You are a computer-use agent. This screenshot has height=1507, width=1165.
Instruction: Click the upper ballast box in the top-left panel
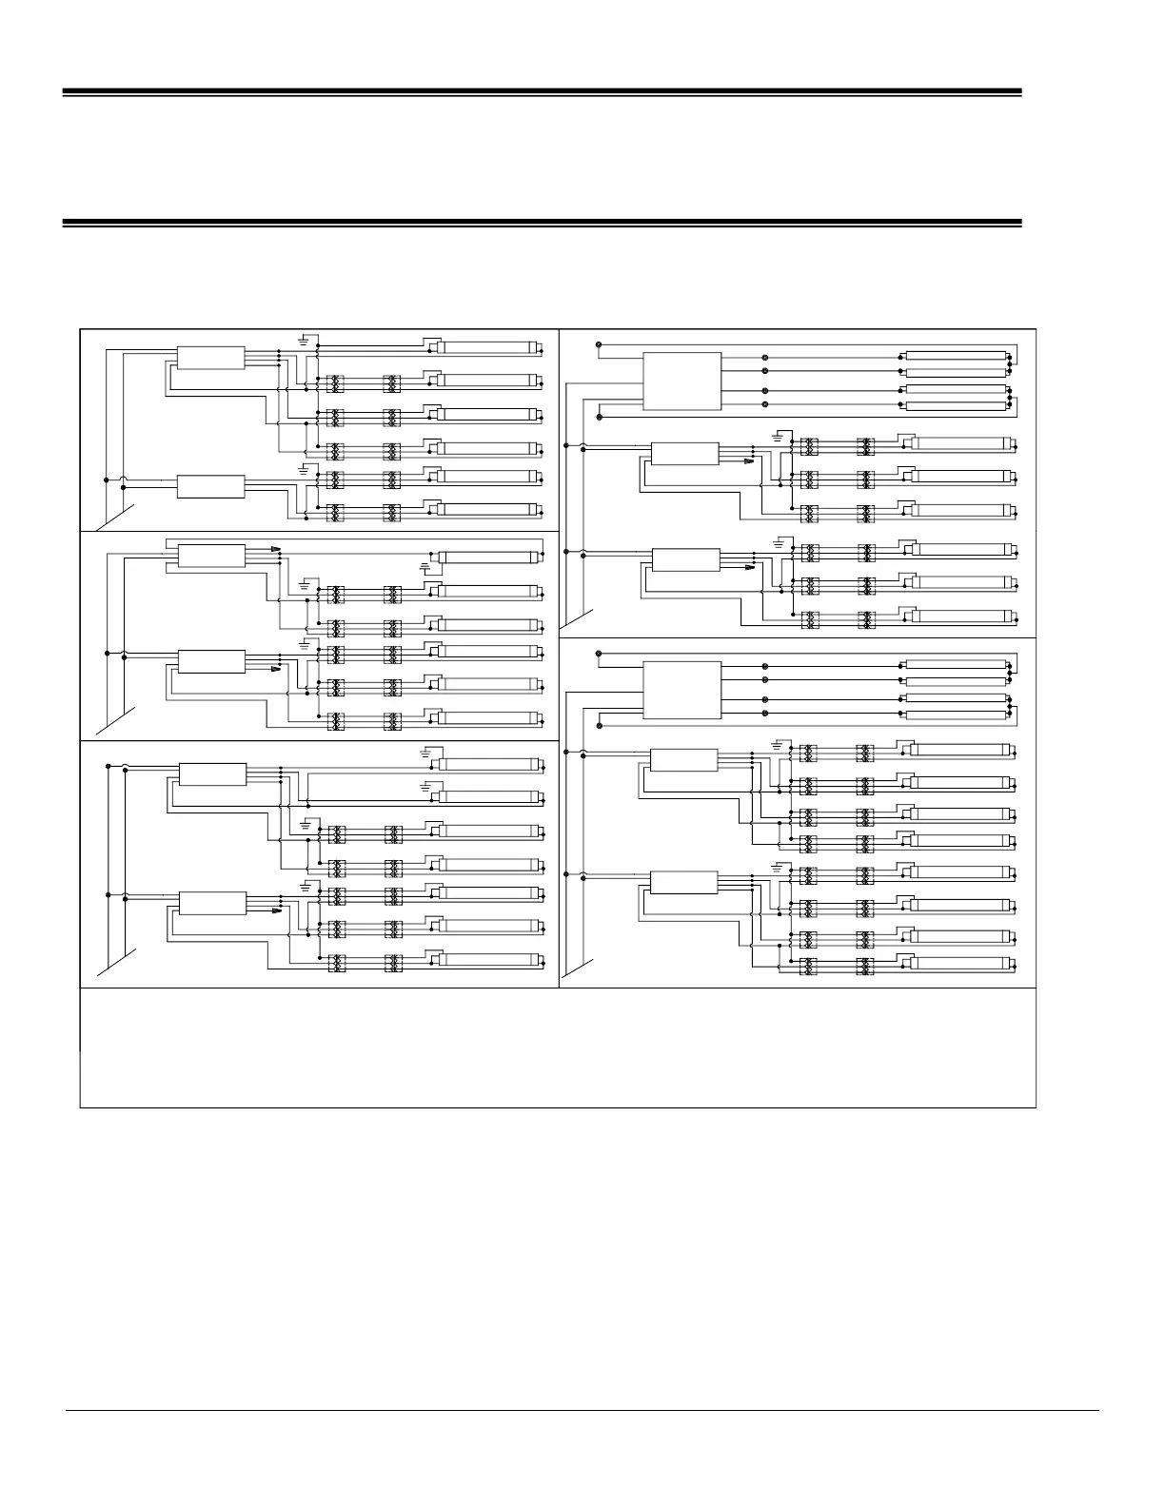click(x=210, y=359)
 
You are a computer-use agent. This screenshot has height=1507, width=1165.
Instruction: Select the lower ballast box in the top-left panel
click(x=210, y=486)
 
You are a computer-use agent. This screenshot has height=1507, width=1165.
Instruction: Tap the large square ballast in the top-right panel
click(x=681, y=381)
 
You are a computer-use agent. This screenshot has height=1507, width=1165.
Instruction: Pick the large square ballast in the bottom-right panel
click(x=681, y=690)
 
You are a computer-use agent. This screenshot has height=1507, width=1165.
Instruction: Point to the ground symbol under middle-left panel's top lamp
click(x=425, y=568)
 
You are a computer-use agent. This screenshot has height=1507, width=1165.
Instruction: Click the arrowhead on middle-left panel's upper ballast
click(x=276, y=550)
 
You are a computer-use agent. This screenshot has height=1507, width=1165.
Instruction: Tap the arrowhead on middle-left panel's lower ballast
click(x=276, y=668)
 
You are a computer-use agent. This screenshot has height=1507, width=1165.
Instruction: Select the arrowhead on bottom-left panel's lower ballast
click(x=276, y=909)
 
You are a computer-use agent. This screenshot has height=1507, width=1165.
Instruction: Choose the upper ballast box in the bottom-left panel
click(x=211, y=774)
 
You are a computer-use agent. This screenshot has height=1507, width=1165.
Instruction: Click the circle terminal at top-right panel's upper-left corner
click(x=598, y=343)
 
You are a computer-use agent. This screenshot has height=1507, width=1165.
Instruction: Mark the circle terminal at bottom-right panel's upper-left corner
click(x=598, y=654)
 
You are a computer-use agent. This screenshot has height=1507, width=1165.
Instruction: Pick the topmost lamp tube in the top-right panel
click(x=956, y=356)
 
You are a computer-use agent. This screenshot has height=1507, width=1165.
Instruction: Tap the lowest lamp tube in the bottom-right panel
click(x=961, y=966)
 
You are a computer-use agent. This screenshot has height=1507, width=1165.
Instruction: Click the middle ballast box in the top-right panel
click(x=683, y=453)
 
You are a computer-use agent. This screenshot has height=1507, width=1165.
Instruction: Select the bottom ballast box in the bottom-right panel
click(x=683, y=882)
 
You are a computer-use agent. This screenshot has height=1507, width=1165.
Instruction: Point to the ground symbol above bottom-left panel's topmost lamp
click(x=426, y=753)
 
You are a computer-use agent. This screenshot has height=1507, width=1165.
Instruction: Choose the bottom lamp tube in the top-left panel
click(x=490, y=511)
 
